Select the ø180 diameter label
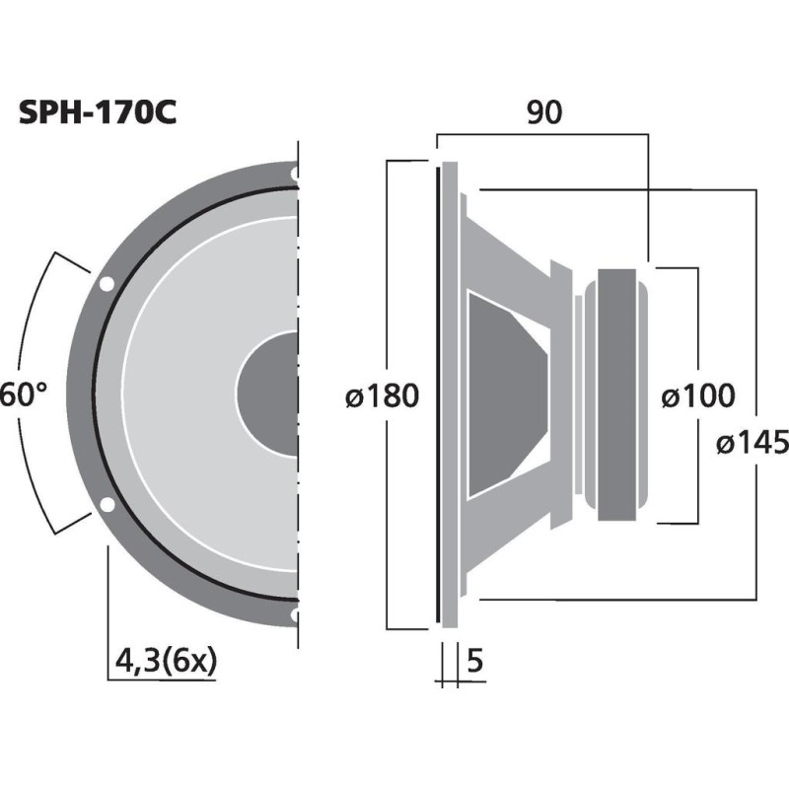tap(383, 396)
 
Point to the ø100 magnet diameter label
tap(698, 396)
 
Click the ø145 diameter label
tap(754, 444)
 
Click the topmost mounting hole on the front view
tap(295, 174)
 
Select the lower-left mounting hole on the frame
tap(106, 507)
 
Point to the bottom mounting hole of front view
tap(295, 616)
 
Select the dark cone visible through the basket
tap(508, 394)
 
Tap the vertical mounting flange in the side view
tap(450, 394)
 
